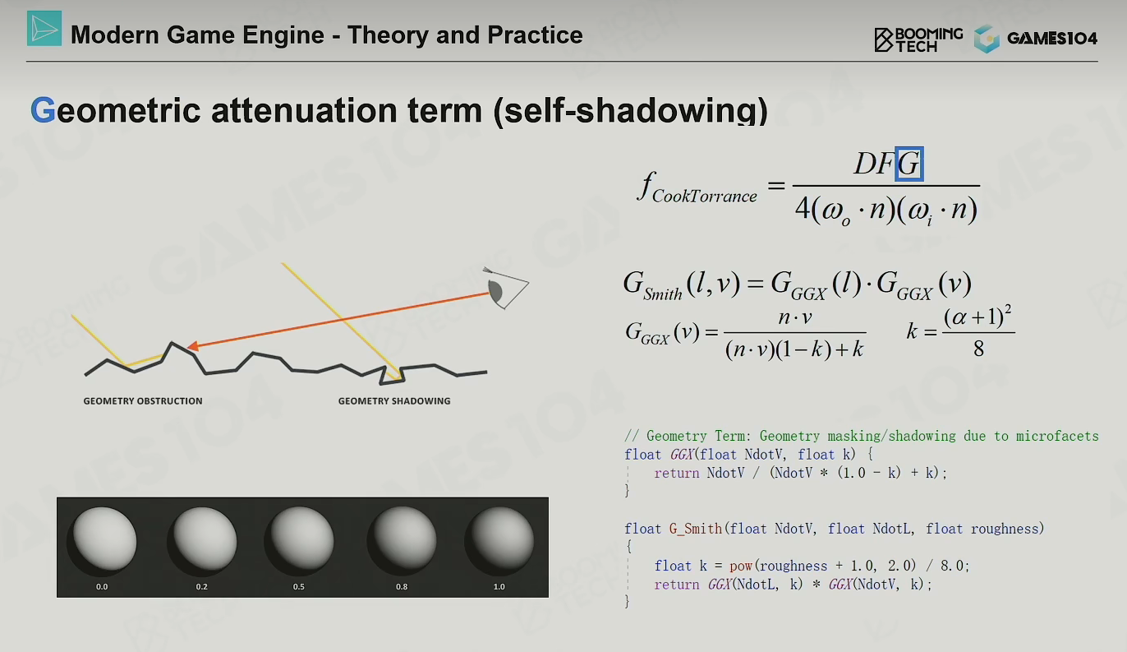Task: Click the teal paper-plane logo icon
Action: point(44,29)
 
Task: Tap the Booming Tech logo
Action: point(918,39)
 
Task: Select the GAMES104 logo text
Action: point(1052,39)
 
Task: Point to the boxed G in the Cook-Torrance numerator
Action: point(909,164)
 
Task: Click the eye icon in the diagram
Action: point(506,288)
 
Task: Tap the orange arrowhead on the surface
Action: point(193,346)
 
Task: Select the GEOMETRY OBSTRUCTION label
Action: point(143,400)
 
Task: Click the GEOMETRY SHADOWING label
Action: point(394,400)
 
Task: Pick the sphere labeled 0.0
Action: point(102,541)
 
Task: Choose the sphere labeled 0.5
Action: point(299,541)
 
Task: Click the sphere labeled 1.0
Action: point(499,541)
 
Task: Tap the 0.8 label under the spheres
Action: point(402,586)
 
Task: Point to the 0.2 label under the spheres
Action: point(202,586)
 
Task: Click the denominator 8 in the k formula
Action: point(978,349)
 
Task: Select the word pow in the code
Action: point(741,566)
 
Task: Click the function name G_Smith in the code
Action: point(695,529)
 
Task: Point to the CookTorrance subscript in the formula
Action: point(705,196)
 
